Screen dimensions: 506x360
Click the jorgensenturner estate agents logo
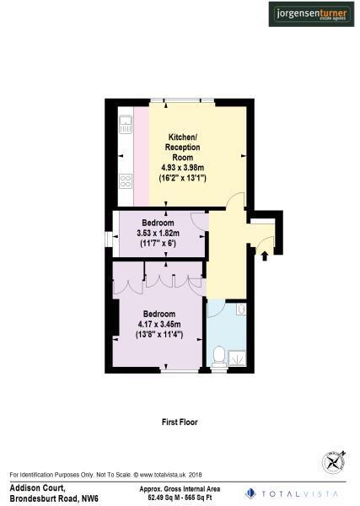coord(312,14)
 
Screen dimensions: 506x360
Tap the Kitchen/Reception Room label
coord(183,146)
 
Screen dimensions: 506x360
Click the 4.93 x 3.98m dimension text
coord(183,168)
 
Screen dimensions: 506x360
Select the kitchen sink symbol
coord(126,126)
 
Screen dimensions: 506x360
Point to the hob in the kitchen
coord(126,180)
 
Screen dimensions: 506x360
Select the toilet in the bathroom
coord(219,357)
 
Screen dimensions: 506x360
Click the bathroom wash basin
coord(241,310)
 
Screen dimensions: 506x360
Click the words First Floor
coord(179,421)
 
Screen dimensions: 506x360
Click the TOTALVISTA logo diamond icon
coord(250,493)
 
